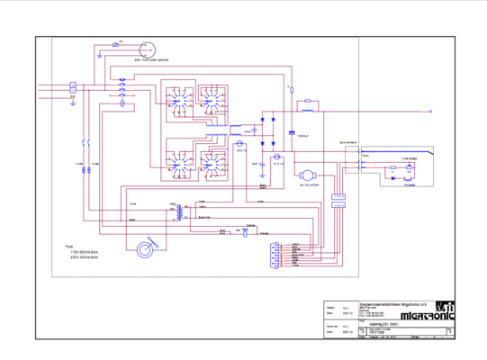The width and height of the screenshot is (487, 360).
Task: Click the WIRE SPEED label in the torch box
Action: pyautogui.click(x=410, y=157)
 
